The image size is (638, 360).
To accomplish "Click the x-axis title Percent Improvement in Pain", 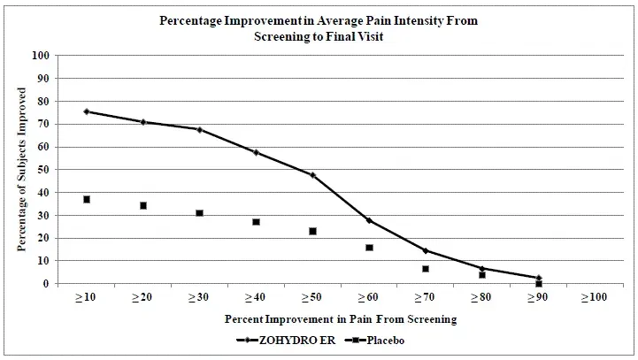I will point(340,318).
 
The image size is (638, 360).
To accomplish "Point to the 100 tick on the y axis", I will point(40,55).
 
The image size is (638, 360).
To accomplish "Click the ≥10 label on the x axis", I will point(86,298).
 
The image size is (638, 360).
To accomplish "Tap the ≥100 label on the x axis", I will point(595,298).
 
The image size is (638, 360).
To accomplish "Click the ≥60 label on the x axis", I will point(369,298).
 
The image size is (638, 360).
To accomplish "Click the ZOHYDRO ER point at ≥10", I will point(87,111).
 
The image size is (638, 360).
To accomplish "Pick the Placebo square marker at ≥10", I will point(87,199).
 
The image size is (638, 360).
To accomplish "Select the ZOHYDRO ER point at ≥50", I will point(312,175).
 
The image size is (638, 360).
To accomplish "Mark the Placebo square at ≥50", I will point(312,231).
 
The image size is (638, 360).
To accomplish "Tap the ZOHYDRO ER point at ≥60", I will point(369,220).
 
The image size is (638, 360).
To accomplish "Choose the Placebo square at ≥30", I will point(199,213).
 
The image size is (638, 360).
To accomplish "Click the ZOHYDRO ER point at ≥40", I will point(256,152).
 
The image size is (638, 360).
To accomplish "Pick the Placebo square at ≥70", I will point(426,269).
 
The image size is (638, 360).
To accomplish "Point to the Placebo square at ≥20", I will point(142,205).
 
